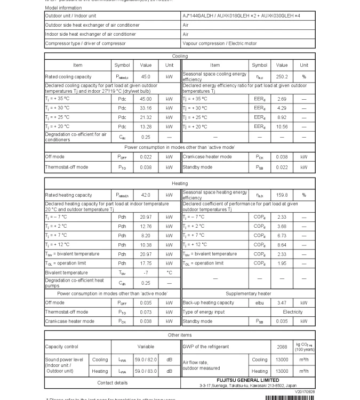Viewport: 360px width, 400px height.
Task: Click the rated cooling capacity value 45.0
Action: (x=146, y=77)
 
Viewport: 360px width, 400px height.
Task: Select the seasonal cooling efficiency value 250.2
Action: (x=282, y=77)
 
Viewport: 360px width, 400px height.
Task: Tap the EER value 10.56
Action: (x=282, y=126)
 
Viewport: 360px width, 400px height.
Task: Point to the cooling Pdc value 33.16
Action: (x=146, y=108)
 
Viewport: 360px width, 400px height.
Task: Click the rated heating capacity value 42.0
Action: (x=146, y=195)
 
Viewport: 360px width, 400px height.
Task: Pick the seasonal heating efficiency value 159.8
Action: (x=282, y=195)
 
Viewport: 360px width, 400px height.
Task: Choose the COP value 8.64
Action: (x=282, y=245)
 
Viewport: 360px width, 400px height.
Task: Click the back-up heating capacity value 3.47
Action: (x=282, y=303)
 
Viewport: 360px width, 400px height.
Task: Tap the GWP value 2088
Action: (x=282, y=347)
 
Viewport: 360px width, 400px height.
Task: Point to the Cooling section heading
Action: (x=180, y=55)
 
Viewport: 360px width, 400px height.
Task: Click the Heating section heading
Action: (x=180, y=183)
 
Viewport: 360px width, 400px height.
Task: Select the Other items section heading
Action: (x=180, y=335)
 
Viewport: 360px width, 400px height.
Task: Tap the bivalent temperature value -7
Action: (x=146, y=273)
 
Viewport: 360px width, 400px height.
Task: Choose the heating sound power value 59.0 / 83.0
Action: (x=146, y=371)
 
